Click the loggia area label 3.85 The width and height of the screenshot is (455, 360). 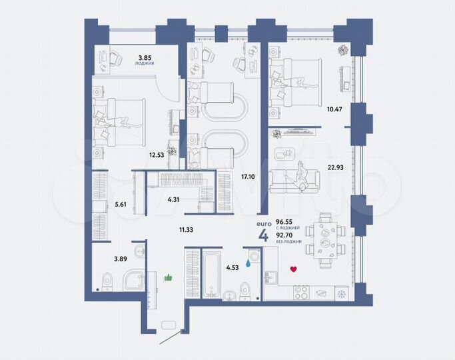(145, 57)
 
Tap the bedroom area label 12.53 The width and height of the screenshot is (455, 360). (157, 155)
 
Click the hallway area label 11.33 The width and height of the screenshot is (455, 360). (187, 230)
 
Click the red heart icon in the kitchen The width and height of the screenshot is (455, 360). (292, 269)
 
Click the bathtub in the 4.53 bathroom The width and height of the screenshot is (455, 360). (211, 274)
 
